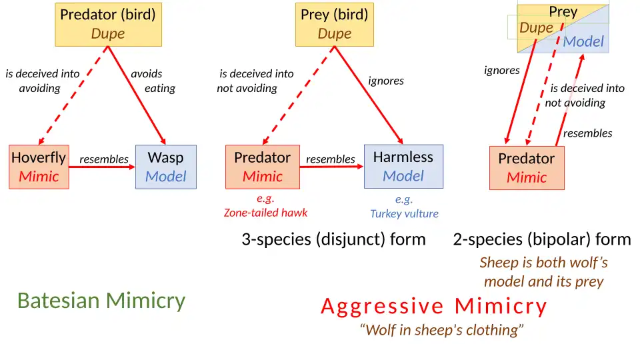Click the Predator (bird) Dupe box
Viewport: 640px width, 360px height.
108,24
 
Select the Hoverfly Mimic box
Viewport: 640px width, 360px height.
39,167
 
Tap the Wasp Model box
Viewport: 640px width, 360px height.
165,167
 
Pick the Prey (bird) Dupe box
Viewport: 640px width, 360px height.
334,24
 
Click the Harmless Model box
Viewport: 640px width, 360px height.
403,167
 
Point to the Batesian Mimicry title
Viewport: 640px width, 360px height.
101,301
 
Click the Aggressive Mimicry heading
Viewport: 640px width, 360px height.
433,306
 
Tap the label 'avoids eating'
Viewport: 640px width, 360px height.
153,81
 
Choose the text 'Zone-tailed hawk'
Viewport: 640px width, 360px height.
265,213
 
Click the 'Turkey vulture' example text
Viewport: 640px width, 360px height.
404,214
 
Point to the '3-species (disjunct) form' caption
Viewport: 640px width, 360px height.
333,239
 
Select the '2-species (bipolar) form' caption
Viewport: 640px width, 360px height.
541,239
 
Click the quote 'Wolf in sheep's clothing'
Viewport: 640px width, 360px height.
442,330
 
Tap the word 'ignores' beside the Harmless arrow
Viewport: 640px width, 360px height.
386,81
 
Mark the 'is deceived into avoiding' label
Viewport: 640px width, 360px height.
41,81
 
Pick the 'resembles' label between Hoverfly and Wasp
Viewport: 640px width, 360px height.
103,159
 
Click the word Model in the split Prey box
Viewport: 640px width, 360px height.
583,41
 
